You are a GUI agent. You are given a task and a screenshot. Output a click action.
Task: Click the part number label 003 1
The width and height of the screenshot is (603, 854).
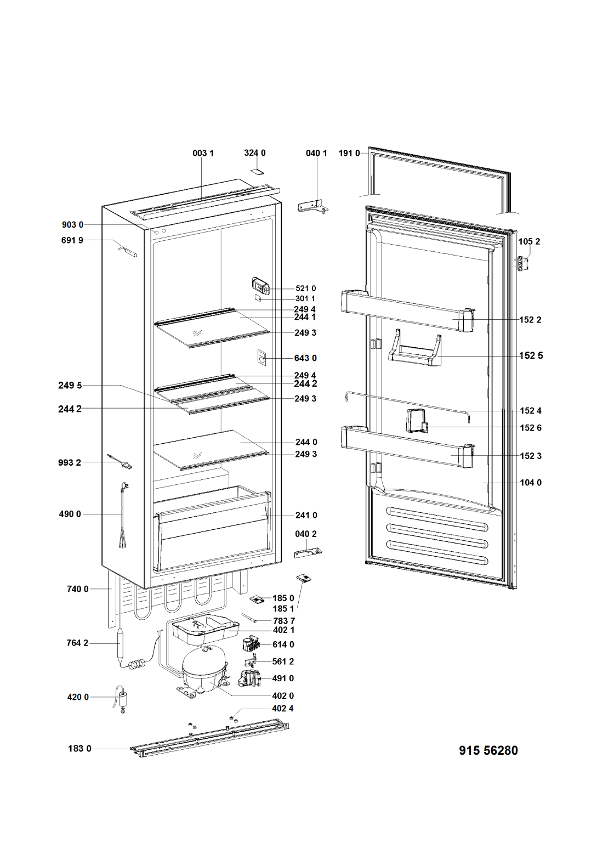202,154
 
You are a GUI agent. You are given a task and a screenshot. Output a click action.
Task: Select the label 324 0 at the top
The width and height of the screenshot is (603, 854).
254,153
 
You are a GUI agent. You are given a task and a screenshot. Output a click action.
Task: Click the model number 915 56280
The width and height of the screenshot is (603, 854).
488,750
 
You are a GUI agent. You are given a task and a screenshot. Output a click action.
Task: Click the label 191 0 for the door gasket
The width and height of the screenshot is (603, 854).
349,154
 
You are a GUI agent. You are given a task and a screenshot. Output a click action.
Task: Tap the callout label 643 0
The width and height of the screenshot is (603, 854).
305,358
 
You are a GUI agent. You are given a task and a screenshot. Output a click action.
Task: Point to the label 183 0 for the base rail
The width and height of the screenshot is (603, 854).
79,748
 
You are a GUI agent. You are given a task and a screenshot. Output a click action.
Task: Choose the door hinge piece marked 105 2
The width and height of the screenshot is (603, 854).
524,263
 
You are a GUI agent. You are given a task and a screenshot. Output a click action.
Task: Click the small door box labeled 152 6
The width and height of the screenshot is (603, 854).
417,422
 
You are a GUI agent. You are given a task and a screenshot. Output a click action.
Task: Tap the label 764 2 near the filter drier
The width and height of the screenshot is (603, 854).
78,643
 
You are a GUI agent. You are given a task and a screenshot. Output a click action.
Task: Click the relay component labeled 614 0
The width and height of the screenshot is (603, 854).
253,644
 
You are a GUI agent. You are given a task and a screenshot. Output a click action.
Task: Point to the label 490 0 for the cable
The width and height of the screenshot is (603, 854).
70,514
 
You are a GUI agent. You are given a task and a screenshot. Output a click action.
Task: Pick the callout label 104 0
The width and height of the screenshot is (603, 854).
531,483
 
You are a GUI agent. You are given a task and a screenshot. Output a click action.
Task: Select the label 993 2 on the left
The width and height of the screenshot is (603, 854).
70,462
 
